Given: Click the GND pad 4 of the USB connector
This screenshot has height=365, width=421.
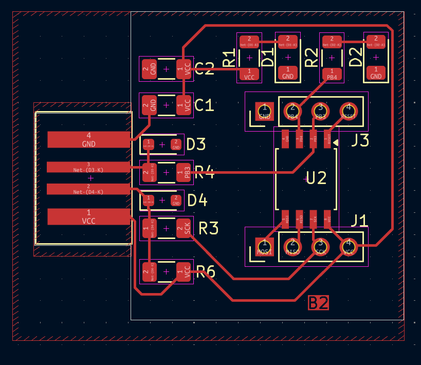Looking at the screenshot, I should pos(88,139).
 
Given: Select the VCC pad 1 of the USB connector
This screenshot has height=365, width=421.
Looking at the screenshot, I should pos(88,216).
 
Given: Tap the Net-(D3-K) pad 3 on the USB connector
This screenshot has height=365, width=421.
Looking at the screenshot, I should pos(88,167).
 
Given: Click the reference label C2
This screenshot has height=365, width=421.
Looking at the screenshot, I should pos(205,68).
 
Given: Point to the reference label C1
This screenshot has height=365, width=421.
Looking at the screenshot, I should pos(205,105).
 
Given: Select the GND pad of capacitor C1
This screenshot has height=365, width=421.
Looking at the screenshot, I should pos(149,105).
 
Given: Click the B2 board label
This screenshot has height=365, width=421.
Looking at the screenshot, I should pos(318,303).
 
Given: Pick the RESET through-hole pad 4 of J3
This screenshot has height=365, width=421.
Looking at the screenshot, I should pos(349,110).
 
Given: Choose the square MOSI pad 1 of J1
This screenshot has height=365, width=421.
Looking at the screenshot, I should pos(265,246).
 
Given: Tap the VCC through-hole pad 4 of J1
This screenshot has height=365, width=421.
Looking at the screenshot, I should pos(349,246).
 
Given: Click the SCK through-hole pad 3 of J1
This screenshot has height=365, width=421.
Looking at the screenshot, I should pos(320,246).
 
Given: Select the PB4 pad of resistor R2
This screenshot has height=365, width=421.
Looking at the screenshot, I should pos(332,74).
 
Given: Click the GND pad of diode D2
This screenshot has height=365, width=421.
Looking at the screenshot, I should pos(376,73).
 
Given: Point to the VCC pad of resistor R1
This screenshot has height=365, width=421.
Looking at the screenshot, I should pos(249,74).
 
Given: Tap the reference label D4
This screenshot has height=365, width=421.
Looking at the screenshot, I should pos(197,200).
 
